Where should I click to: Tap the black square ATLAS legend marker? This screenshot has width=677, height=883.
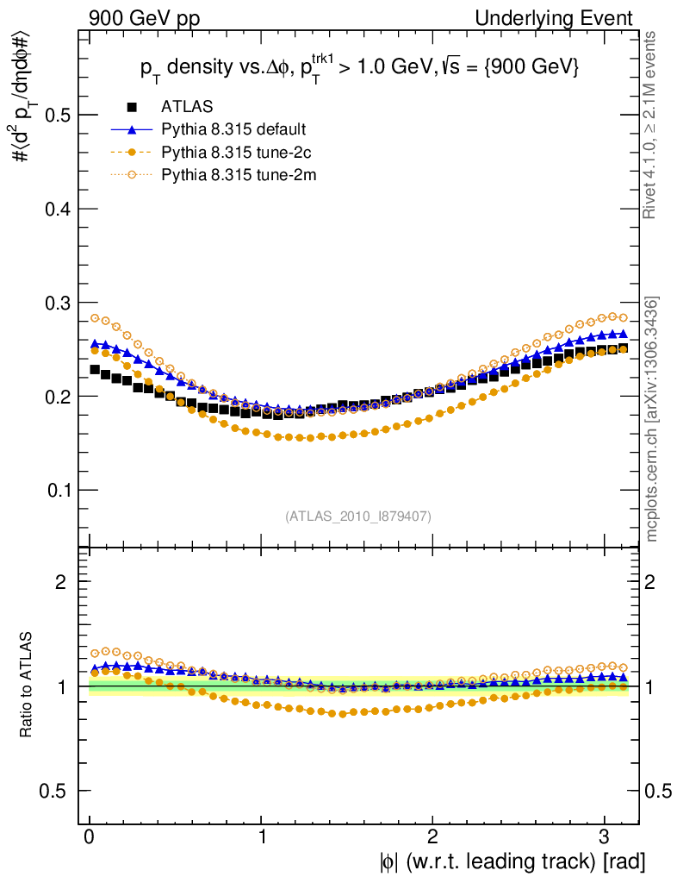click(x=132, y=108)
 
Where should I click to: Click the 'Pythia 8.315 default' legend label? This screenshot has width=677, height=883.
click(x=233, y=130)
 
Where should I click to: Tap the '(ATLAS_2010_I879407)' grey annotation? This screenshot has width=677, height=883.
click(x=358, y=516)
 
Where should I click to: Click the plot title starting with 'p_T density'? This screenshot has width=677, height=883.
click(x=358, y=68)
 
